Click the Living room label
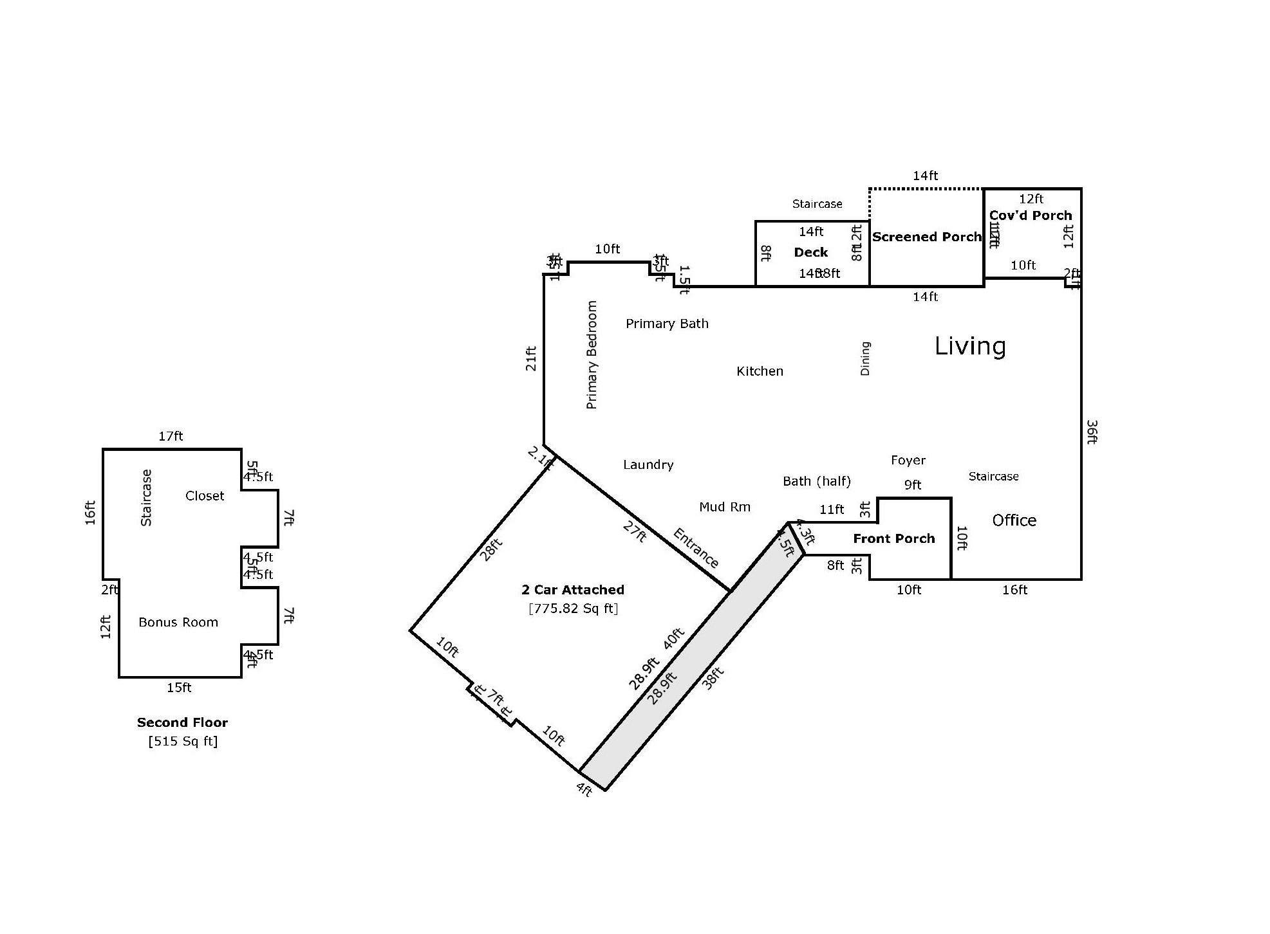click(x=970, y=346)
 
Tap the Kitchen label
click(x=760, y=371)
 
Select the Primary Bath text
click(x=667, y=324)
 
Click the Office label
click(x=1014, y=520)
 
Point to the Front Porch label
click(x=893, y=538)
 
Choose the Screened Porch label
click(x=926, y=237)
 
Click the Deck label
click(x=810, y=252)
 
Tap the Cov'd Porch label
click(x=1031, y=215)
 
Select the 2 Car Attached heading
click(x=572, y=590)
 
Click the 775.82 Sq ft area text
click(x=573, y=609)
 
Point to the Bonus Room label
click(x=178, y=622)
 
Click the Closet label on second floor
click(x=205, y=496)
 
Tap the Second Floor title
click(x=182, y=722)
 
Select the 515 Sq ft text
click(x=183, y=741)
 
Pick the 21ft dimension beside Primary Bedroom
click(x=531, y=358)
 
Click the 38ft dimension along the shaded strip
click(x=713, y=678)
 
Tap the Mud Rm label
click(x=725, y=507)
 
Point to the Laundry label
click(x=648, y=464)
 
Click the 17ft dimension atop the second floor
click(x=171, y=436)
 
